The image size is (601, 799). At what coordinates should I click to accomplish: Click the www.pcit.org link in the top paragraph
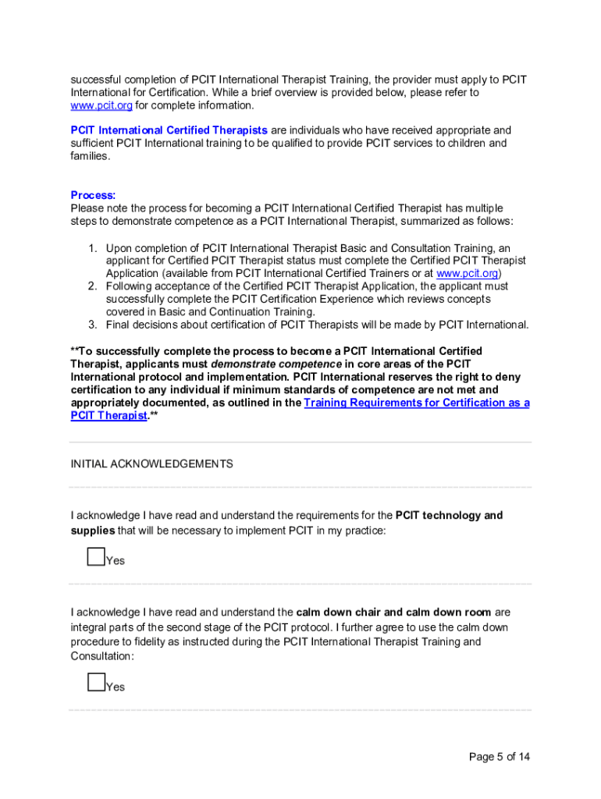(x=95, y=105)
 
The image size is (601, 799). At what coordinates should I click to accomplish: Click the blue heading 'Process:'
(x=93, y=195)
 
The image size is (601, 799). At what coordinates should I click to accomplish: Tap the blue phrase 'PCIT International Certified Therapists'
(x=169, y=130)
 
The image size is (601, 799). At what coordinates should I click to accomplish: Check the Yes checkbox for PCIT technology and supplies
(x=96, y=556)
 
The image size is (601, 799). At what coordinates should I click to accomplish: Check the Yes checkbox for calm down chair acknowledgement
(x=96, y=683)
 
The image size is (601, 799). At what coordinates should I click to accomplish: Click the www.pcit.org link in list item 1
(x=467, y=273)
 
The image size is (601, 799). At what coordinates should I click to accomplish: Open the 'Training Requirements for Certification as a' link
(x=417, y=403)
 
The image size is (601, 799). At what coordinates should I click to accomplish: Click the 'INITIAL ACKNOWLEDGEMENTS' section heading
(x=151, y=463)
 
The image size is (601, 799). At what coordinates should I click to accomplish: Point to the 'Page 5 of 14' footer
(x=500, y=757)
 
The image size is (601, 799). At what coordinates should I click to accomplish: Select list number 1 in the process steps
(x=91, y=248)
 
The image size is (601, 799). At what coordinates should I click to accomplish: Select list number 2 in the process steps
(x=91, y=286)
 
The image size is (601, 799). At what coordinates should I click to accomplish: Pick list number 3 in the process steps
(x=91, y=325)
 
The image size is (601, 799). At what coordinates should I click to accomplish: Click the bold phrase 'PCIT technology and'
(x=449, y=515)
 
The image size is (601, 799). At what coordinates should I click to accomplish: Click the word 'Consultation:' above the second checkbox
(x=102, y=656)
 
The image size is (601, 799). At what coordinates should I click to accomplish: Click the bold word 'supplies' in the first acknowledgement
(x=92, y=531)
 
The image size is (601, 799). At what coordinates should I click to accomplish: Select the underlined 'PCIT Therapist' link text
(x=108, y=416)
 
